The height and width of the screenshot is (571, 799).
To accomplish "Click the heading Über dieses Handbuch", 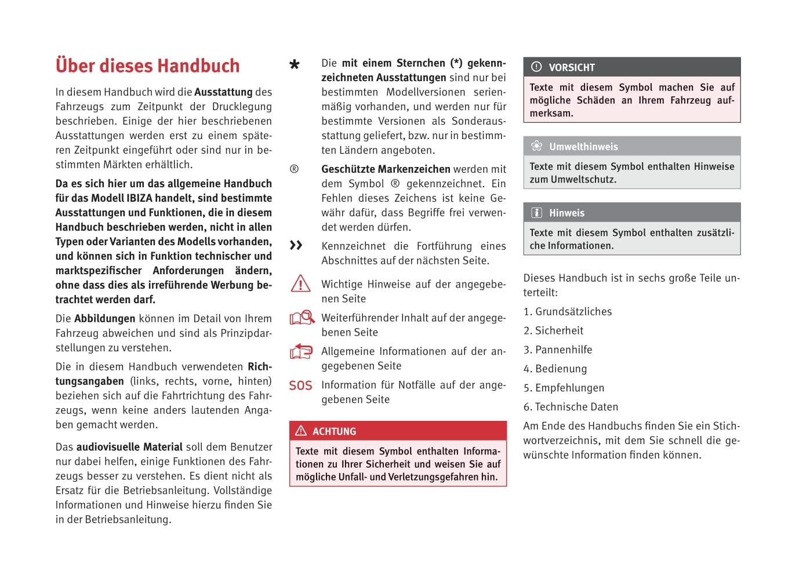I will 147,66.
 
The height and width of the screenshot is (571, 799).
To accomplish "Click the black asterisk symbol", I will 295,64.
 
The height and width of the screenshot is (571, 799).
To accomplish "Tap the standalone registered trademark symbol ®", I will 294,169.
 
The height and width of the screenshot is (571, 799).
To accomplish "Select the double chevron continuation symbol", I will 296,245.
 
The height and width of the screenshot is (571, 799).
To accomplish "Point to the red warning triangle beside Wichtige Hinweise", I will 300,283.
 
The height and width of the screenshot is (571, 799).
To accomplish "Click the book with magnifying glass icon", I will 302,318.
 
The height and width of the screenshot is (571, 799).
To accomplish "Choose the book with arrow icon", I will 301,351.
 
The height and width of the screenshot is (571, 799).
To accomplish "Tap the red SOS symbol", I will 300,385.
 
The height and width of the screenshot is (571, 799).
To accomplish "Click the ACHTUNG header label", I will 334,431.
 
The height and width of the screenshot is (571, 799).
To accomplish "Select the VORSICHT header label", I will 572,67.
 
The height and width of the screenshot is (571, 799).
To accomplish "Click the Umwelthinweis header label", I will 583,147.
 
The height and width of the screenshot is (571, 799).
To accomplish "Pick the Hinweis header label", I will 566,213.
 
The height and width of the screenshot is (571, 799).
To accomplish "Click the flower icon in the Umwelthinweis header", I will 536,146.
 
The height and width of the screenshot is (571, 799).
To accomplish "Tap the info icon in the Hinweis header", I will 536,213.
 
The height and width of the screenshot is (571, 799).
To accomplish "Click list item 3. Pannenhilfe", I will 558,350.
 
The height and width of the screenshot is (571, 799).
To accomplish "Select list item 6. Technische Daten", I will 571,407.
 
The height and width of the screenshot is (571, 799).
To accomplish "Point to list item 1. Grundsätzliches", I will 568,311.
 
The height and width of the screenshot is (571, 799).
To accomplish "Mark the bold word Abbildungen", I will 104,318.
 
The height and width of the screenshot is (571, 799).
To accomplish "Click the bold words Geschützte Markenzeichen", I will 386,169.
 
